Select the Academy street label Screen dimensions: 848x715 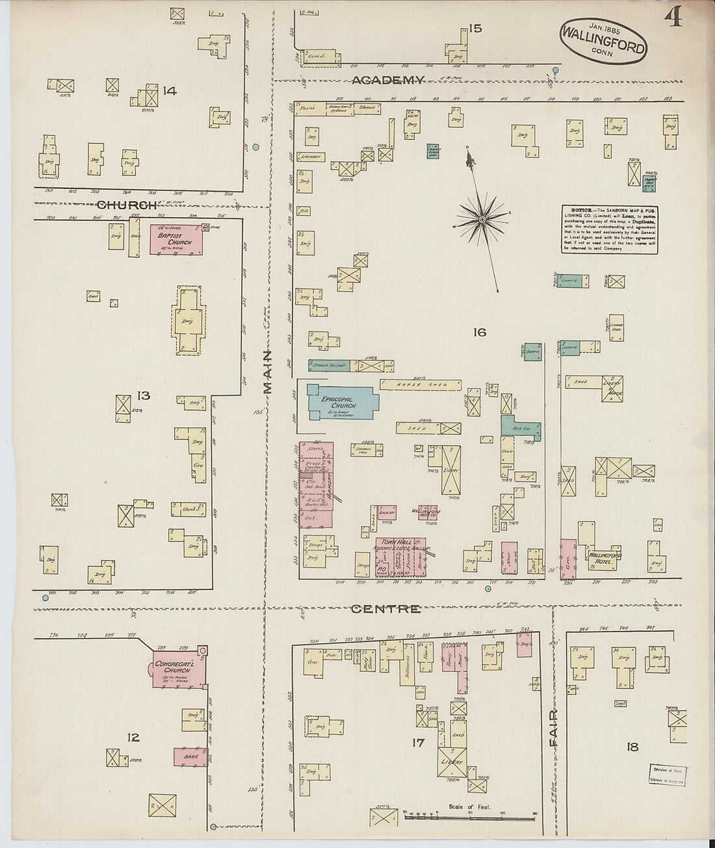coord(388,80)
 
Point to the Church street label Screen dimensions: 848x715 coord(126,205)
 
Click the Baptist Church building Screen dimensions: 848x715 coord(176,238)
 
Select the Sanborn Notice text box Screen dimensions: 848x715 coord(610,230)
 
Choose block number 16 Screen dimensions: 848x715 coord(480,333)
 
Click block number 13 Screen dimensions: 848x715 coord(143,395)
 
